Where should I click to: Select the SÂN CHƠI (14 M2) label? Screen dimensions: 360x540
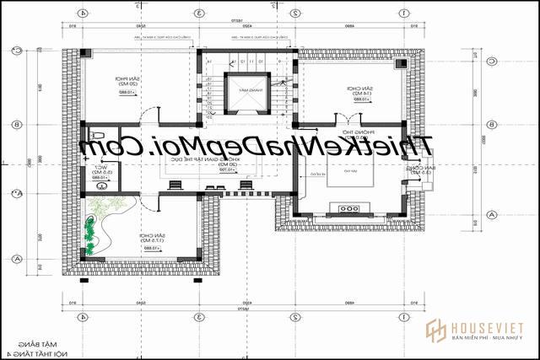point(355,90)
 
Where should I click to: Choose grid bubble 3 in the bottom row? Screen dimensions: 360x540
point(196,317)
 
